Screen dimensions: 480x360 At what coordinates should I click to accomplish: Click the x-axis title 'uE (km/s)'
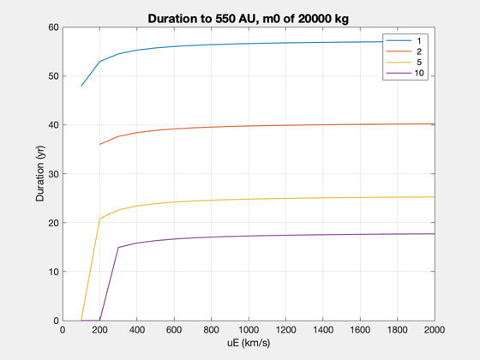click(x=249, y=343)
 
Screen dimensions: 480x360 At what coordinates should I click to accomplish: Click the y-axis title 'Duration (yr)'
click(x=40, y=173)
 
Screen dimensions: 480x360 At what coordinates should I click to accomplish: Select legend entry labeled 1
click(x=404, y=41)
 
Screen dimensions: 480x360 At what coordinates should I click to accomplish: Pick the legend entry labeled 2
click(x=404, y=51)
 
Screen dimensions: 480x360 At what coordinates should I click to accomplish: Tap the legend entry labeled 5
click(x=404, y=62)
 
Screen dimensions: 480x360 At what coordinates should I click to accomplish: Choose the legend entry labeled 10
click(x=405, y=73)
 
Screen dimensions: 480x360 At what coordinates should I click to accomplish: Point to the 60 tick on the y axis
click(x=53, y=27)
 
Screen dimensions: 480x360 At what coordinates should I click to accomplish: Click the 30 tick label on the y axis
click(x=53, y=174)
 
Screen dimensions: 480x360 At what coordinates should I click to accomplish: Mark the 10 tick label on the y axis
click(x=53, y=272)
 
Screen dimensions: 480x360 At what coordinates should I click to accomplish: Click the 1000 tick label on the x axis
click(x=249, y=330)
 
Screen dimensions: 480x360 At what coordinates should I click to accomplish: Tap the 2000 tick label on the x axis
click(x=435, y=330)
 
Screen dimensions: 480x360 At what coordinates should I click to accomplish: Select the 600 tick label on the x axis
click(x=174, y=330)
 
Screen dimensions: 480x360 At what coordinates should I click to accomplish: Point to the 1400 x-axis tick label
click(x=323, y=330)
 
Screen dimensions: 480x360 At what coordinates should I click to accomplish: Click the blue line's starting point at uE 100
click(x=81, y=86)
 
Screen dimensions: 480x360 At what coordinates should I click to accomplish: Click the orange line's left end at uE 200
click(x=100, y=144)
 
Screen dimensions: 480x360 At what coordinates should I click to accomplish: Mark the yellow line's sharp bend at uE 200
click(x=99, y=219)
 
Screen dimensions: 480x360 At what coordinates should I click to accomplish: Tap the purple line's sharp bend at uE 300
click(x=118, y=248)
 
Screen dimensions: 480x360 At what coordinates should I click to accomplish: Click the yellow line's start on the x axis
click(x=81, y=321)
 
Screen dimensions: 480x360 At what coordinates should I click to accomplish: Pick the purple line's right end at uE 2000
click(x=435, y=234)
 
